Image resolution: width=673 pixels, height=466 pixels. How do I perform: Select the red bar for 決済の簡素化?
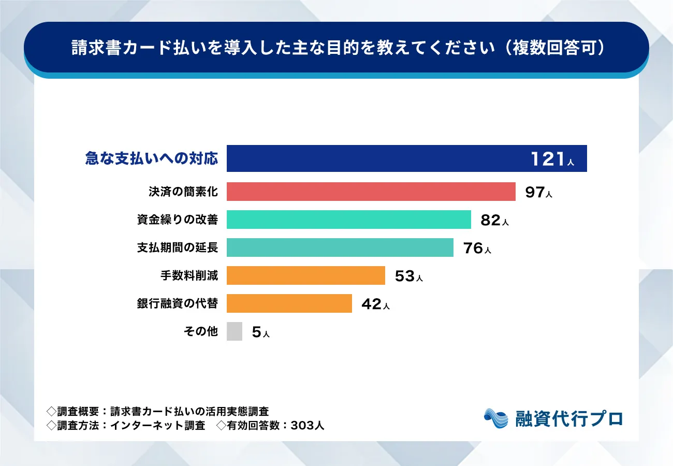[371, 192]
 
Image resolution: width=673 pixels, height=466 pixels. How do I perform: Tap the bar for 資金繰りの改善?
[348, 220]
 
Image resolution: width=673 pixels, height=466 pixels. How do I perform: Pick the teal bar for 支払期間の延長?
[340, 247]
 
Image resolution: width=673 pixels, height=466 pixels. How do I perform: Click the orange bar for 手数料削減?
[305, 275]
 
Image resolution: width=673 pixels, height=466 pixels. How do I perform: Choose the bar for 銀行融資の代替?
[289, 303]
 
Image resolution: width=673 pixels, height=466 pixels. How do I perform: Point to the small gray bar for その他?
[234, 331]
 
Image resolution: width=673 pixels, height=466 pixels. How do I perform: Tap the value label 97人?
[539, 193]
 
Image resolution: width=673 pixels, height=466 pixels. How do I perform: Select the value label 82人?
[494, 221]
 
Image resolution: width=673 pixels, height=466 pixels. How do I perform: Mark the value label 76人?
[477, 249]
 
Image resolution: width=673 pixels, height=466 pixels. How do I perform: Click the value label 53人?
[408, 276]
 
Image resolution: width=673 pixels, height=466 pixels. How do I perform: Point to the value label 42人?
[375, 304]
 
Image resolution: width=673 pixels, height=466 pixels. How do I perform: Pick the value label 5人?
[260, 332]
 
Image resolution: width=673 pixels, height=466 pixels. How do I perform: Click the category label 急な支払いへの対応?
[151, 159]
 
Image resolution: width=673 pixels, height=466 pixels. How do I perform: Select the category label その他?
[201, 331]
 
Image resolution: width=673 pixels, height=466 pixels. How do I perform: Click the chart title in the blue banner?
[336, 47]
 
